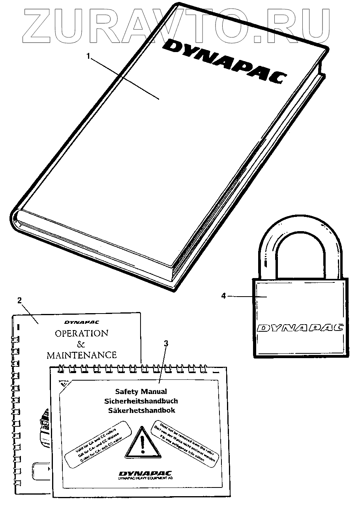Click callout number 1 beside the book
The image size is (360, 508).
[x=89, y=56]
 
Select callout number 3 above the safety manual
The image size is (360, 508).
[x=166, y=343]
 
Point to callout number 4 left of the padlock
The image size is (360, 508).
[x=223, y=295]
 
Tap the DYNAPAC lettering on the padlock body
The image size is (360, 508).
[x=300, y=328]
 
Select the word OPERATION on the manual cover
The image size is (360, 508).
[x=81, y=333]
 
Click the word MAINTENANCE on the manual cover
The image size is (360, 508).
[x=82, y=355]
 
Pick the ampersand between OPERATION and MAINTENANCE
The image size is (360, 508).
[x=81, y=344]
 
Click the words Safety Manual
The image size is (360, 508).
[x=141, y=392]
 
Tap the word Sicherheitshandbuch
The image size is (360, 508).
[x=141, y=401]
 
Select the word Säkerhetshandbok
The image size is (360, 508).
[x=141, y=411]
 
